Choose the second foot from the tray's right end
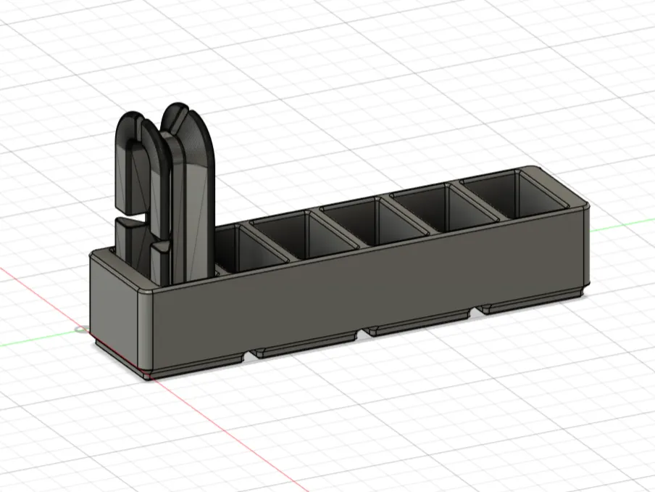(x=417, y=326)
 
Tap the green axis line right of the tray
(x=623, y=226)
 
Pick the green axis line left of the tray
(x=36, y=340)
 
